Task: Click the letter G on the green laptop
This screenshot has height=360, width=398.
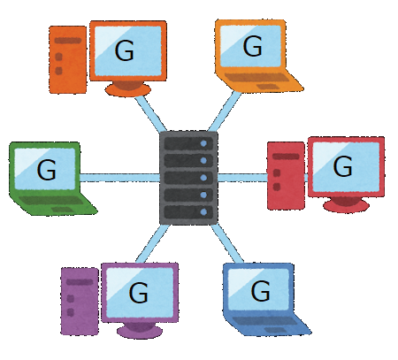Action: coord(47,170)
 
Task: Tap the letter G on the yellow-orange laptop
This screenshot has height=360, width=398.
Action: coord(253,46)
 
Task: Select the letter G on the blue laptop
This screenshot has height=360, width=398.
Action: coord(260,290)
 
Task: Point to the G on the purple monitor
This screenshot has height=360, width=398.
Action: coord(139,293)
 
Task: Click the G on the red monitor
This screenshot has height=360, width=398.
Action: coord(342,166)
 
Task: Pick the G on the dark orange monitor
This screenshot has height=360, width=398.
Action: coord(125,50)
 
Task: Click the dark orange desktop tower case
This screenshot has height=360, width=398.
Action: coord(68,59)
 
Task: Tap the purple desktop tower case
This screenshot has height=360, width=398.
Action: coord(80,301)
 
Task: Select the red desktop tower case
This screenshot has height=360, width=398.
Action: coord(286,176)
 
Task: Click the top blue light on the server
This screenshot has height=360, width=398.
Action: coord(203,143)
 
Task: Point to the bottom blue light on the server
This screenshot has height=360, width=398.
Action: coord(203,211)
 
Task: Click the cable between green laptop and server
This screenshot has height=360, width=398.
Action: coord(119,178)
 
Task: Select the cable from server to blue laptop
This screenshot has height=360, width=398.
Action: coord(227,243)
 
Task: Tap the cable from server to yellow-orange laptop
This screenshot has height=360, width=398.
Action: coord(225,111)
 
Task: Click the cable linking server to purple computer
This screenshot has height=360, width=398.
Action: coord(153,244)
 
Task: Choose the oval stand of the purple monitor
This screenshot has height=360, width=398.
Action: coord(140,331)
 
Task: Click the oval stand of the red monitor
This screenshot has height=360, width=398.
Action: coord(346,203)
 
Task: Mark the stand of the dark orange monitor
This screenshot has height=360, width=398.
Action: coord(128,88)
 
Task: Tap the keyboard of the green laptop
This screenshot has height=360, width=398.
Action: coord(51,201)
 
